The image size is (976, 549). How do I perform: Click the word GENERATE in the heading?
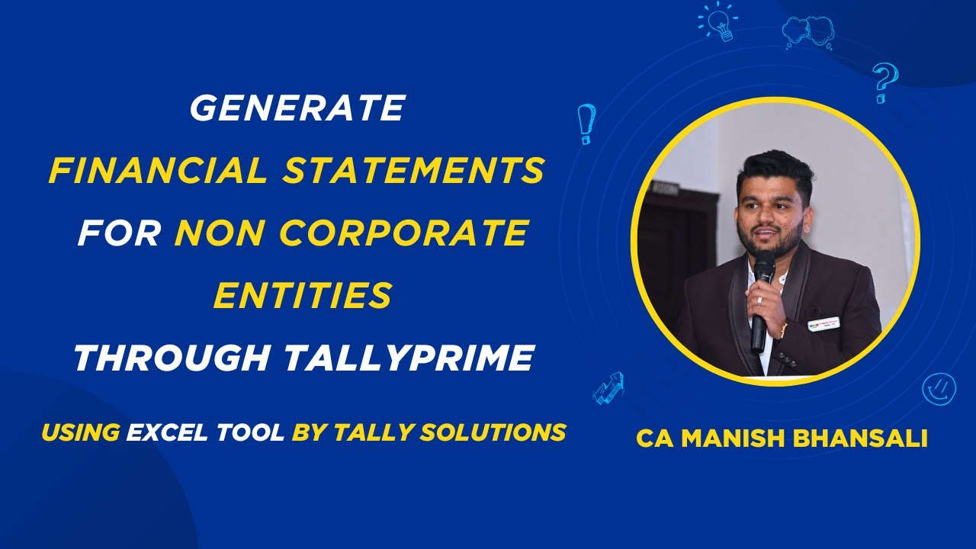pos(298,108)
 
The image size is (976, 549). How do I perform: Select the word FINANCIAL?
pos(158,170)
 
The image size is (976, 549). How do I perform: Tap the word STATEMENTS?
pos(413,170)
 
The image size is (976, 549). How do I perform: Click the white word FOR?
pos(119,233)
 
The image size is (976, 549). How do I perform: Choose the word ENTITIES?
pos(303,295)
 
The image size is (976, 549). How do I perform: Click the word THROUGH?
pos(172,358)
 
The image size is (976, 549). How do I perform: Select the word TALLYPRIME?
pos(409,358)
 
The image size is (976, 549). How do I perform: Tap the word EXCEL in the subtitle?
pos(167,432)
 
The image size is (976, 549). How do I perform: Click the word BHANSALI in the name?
pos(859,438)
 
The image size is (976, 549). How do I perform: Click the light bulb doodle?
pos(718,21)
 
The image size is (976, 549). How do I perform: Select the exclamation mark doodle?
pos(586,124)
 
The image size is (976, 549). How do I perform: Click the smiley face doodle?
pos(939,389)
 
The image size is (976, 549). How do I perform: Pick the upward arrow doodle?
pos(608,388)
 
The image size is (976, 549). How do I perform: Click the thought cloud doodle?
pos(809,32)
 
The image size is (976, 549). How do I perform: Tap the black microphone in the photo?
pos(762,300)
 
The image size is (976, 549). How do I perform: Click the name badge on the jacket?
pos(823,323)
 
